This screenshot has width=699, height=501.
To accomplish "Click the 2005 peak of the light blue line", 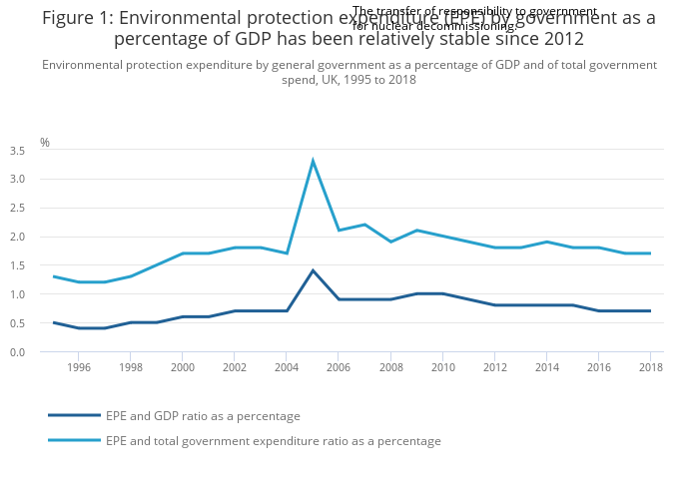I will click(x=313, y=161).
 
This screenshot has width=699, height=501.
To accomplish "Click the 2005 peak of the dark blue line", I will click(x=313, y=270).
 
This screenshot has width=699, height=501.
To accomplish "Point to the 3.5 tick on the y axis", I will click(x=17, y=151).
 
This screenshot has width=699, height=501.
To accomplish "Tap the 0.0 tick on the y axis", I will click(x=17, y=352).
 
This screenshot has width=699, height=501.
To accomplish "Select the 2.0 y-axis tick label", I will click(x=17, y=238).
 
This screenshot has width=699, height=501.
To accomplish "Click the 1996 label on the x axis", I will click(x=79, y=367).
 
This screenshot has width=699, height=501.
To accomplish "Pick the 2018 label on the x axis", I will click(x=650, y=367).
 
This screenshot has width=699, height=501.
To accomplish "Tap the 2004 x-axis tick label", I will click(x=287, y=367).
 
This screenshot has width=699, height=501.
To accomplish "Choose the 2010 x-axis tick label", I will click(x=442, y=367).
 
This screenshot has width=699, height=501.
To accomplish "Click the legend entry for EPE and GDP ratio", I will click(x=203, y=416).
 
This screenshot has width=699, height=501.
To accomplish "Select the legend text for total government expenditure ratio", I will click(x=273, y=441).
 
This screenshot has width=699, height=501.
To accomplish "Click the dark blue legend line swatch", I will click(x=74, y=415).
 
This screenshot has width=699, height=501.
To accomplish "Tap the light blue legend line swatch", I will click(x=74, y=440).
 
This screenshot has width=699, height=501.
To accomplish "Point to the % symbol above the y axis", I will click(x=45, y=143).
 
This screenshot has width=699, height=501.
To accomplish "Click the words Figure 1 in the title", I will click(x=76, y=19).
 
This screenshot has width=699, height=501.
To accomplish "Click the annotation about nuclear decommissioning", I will click(x=474, y=18).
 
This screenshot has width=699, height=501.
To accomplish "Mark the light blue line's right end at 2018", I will click(x=650, y=253).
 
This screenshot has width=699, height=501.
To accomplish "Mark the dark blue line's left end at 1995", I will click(x=54, y=322).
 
